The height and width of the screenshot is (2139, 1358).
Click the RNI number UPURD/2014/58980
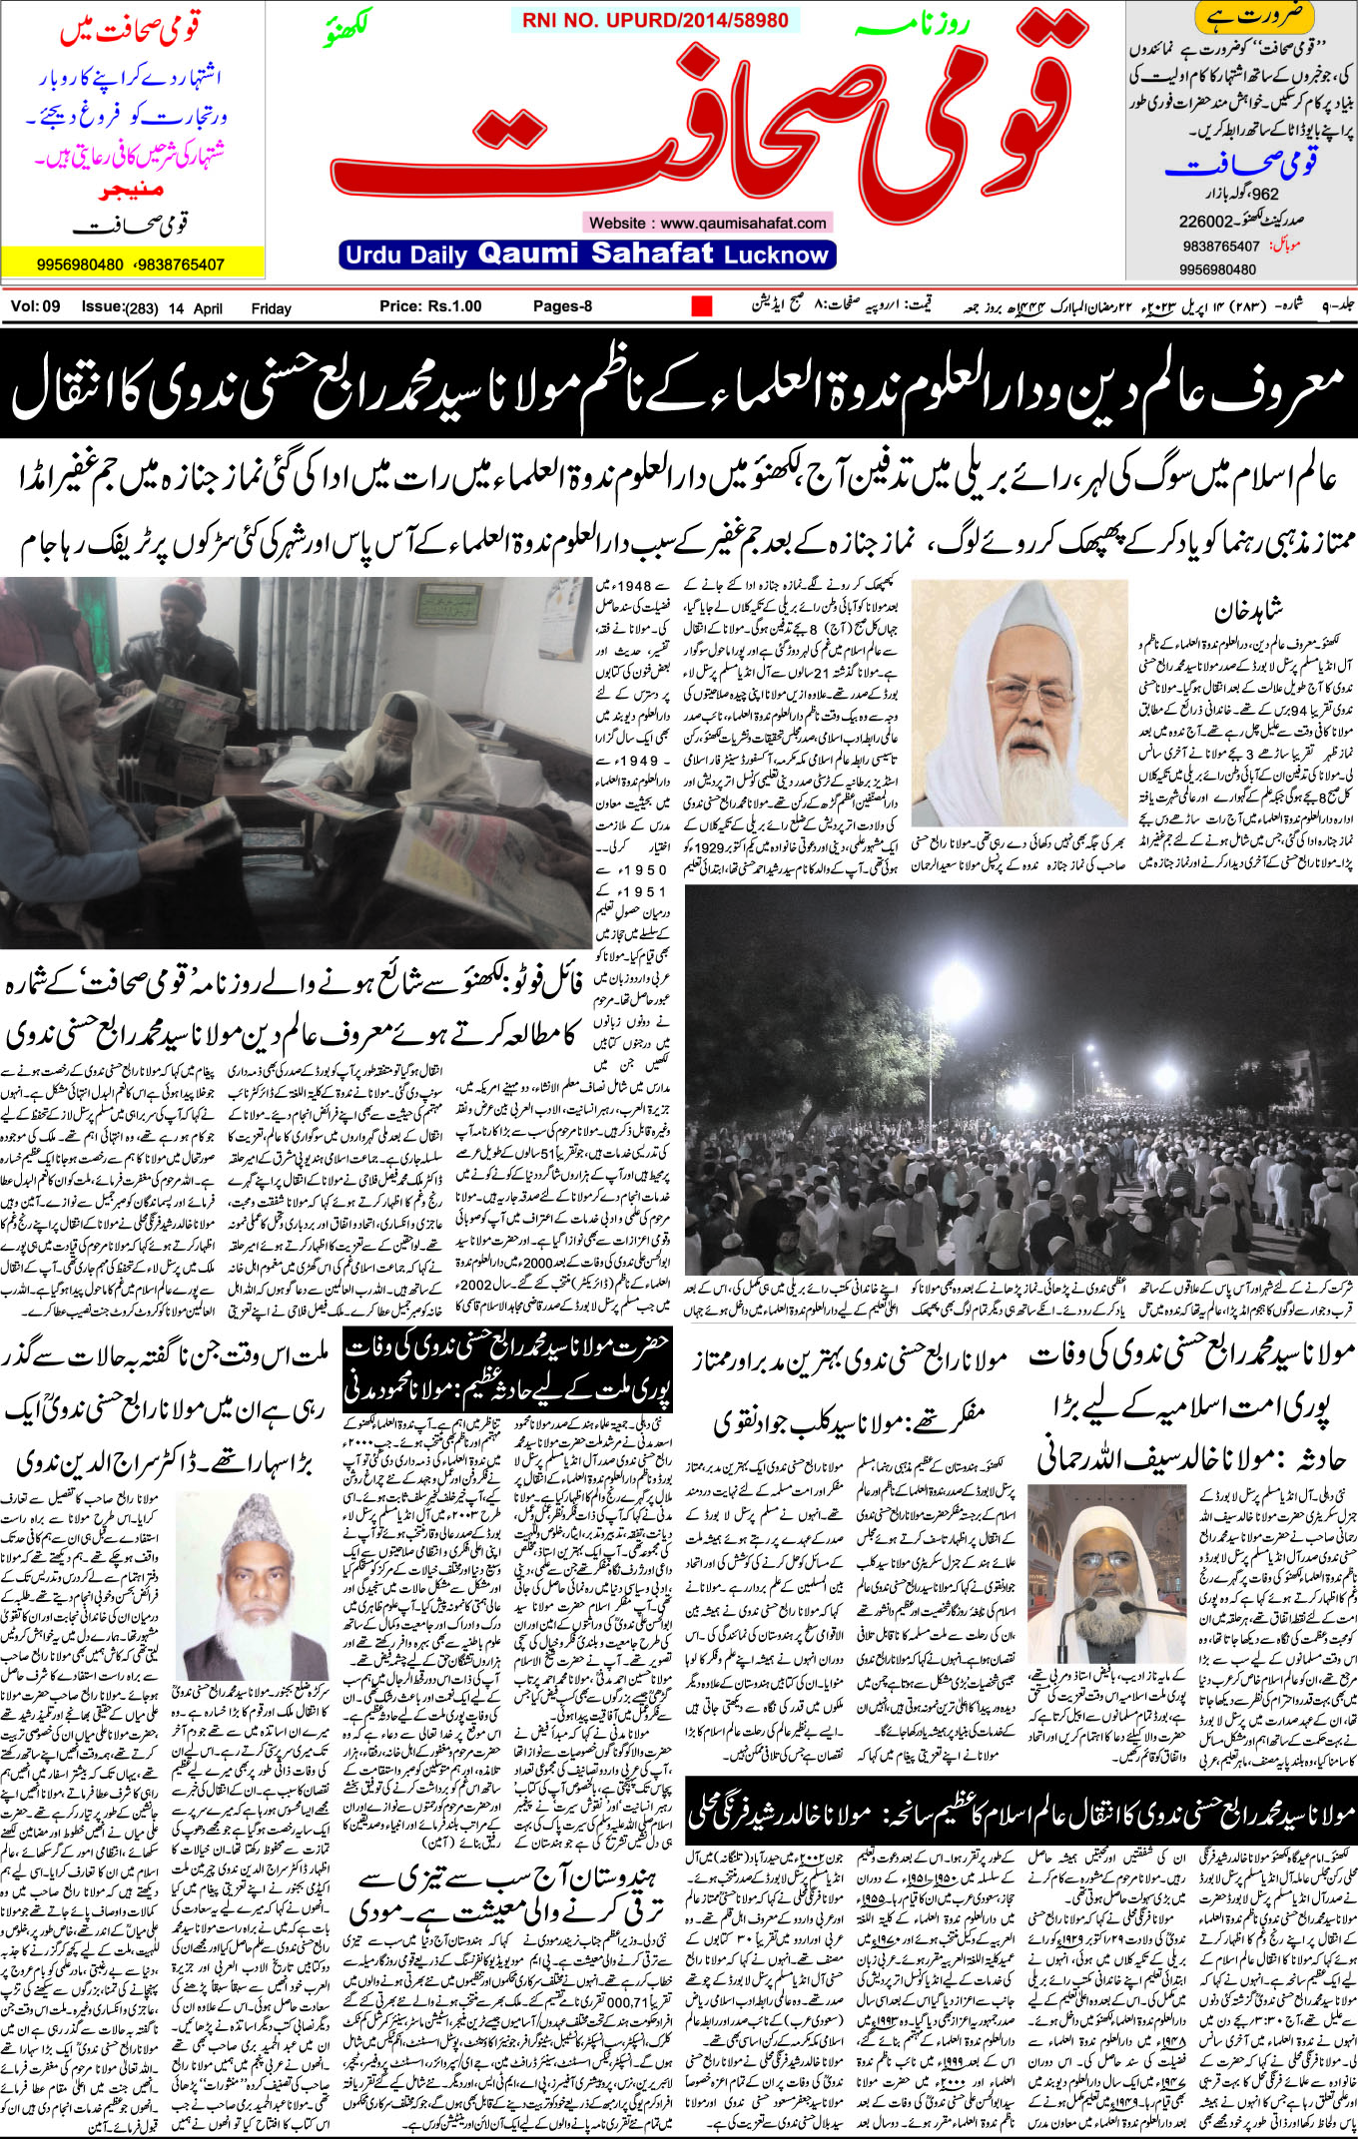click(x=655, y=20)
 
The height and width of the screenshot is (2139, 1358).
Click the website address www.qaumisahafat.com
click(x=707, y=223)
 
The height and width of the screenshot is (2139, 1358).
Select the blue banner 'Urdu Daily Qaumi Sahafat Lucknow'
click(x=587, y=255)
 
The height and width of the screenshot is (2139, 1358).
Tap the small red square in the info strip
click(x=702, y=306)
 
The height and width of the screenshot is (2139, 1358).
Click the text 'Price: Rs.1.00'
click(x=430, y=306)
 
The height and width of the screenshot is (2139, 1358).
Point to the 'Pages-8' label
click(x=562, y=306)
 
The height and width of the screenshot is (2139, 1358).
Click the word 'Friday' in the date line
click(x=271, y=308)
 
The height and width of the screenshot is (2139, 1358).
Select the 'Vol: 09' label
click(x=36, y=306)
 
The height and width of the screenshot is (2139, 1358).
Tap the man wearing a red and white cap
click(x=183, y=602)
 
